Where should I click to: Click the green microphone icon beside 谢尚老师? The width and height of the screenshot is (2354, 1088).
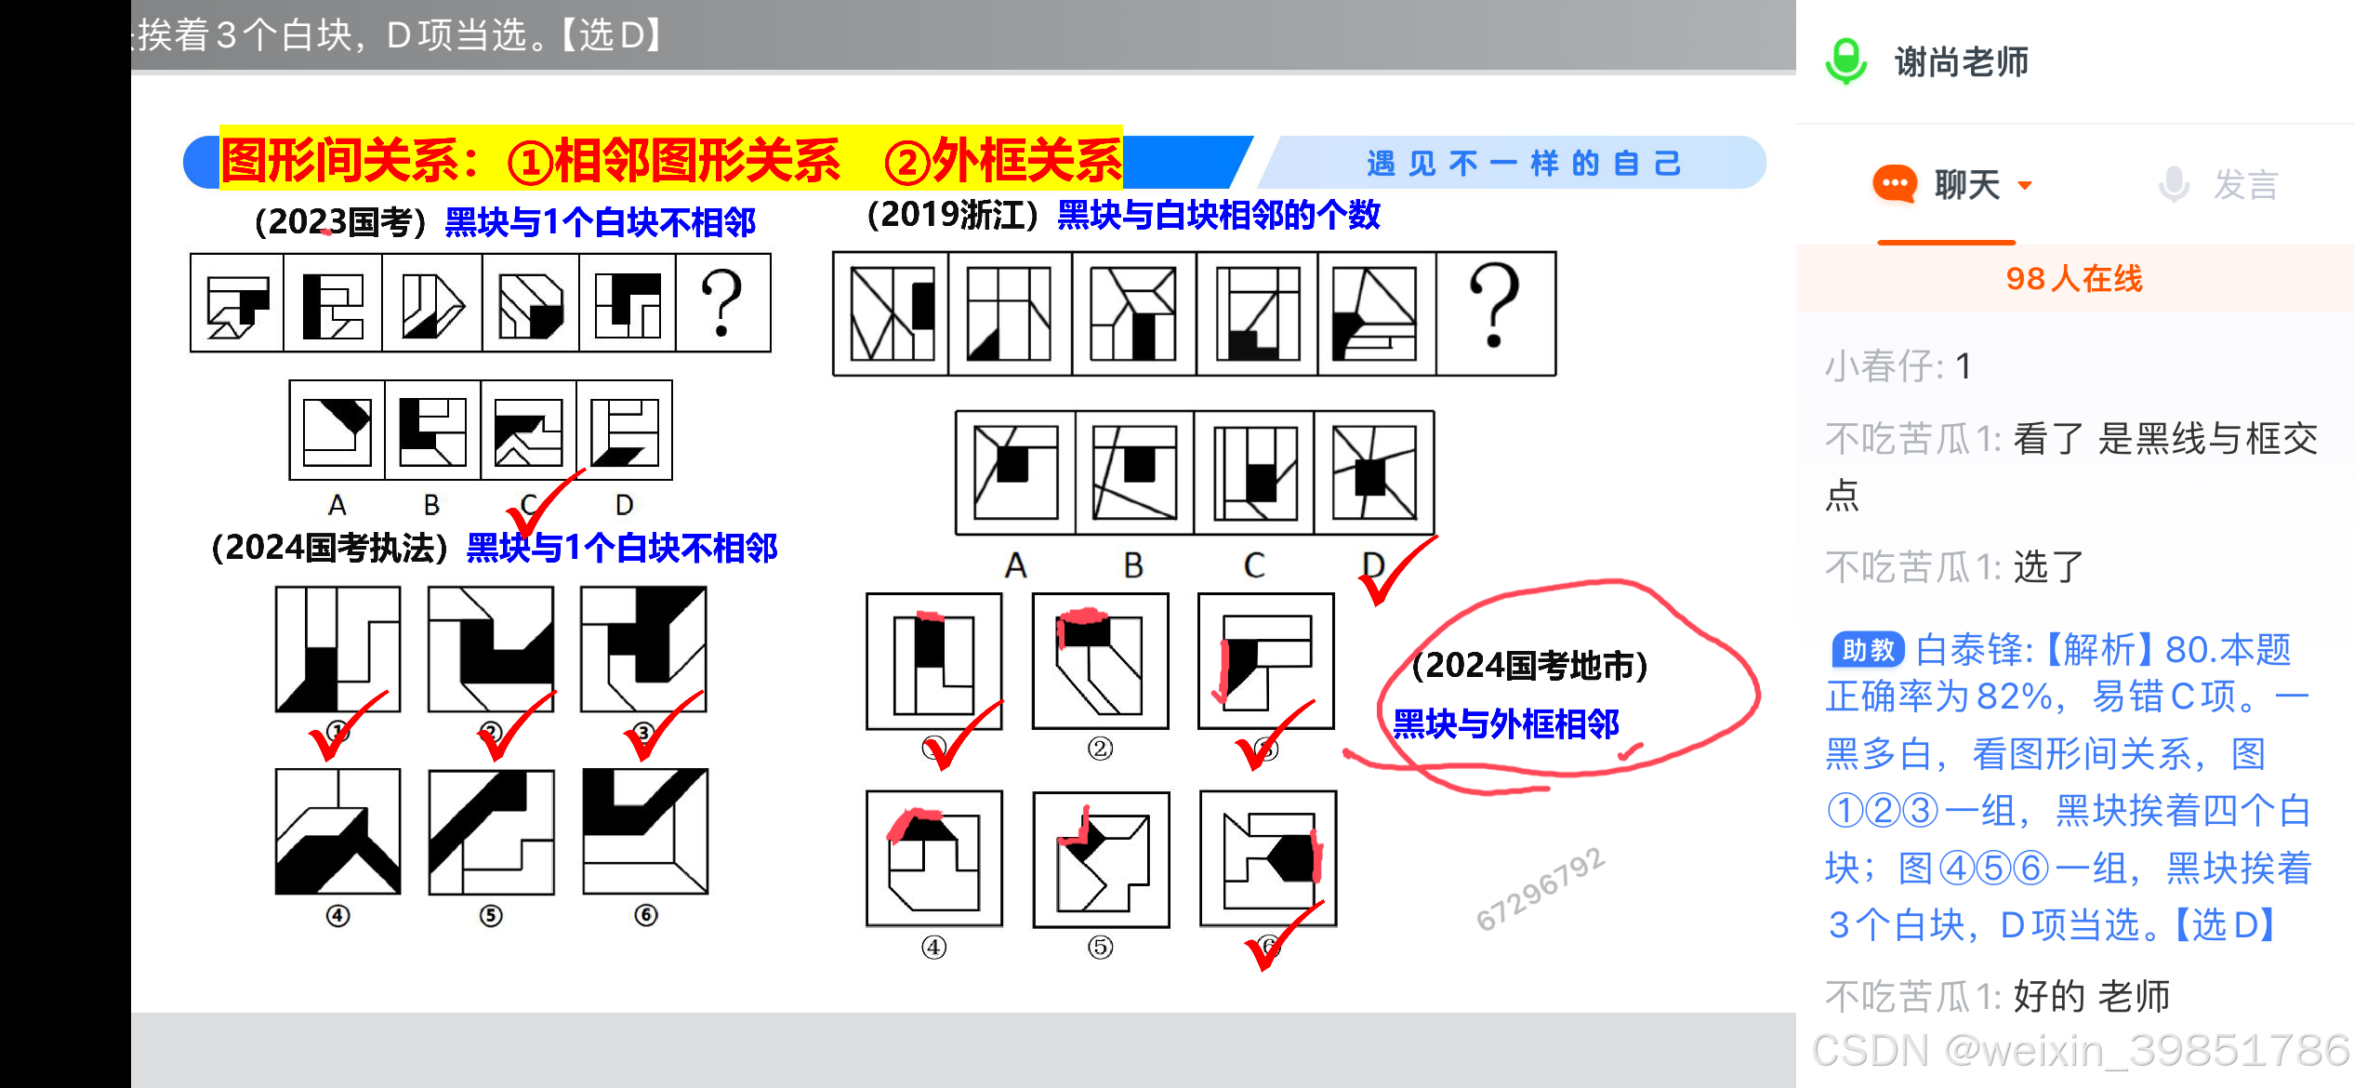pyautogui.click(x=1845, y=61)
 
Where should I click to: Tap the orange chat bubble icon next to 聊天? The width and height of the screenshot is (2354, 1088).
pyautogui.click(x=1895, y=183)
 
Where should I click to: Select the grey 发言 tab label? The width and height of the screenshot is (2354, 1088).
pyautogui.click(x=2245, y=184)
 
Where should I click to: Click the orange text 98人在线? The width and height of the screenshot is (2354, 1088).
pyautogui.click(x=2073, y=278)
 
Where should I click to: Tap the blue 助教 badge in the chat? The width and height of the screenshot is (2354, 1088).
pyautogui.click(x=1868, y=649)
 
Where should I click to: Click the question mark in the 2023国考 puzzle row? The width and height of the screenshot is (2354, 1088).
pyautogui.click(x=722, y=302)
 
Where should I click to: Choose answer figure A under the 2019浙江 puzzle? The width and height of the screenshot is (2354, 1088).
pyautogui.click(x=1015, y=472)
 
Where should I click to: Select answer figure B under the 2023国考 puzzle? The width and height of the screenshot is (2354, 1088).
pyautogui.click(x=432, y=431)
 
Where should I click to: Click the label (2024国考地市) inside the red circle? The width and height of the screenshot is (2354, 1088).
pyautogui.click(x=1529, y=666)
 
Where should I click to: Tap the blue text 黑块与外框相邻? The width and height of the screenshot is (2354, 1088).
pyautogui.click(x=1506, y=723)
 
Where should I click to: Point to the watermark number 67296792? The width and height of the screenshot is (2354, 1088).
pyautogui.click(x=1540, y=889)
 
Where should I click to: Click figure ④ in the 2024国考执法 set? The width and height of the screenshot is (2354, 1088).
pyautogui.click(x=338, y=831)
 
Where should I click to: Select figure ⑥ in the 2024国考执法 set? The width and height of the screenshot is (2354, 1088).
pyautogui.click(x=645, y=831)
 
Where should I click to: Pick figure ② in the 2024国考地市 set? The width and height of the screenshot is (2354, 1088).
pyautogui.click(x=1101, y=661)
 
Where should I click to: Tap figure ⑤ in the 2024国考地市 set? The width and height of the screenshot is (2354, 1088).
pyautogui.click(x=1102, y=859)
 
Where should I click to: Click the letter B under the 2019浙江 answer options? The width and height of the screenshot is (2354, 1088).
pyautogui.click(x=1133, y=565)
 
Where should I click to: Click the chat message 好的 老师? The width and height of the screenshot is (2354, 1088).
pyautogui.click(x=2091, y=996)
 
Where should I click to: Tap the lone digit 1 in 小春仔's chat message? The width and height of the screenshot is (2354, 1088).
pyautogui.click(x=1963, y=366)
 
